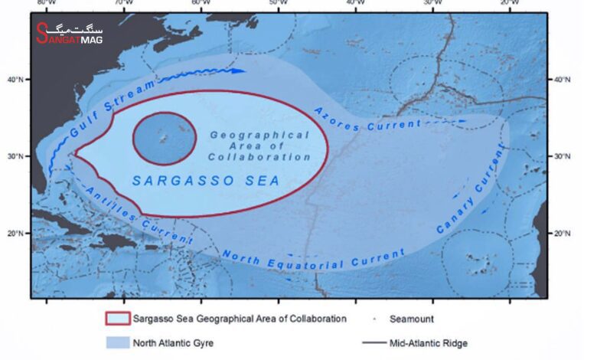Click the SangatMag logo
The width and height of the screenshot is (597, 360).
click(69, 32)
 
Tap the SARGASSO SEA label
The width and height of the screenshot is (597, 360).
click(206, 181)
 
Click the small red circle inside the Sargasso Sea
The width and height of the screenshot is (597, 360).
click(165, 138)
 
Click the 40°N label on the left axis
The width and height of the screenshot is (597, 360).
click(15, 79)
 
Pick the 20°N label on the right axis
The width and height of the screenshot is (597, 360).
click(563, 233)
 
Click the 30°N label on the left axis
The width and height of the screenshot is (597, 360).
click(15, 155)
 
